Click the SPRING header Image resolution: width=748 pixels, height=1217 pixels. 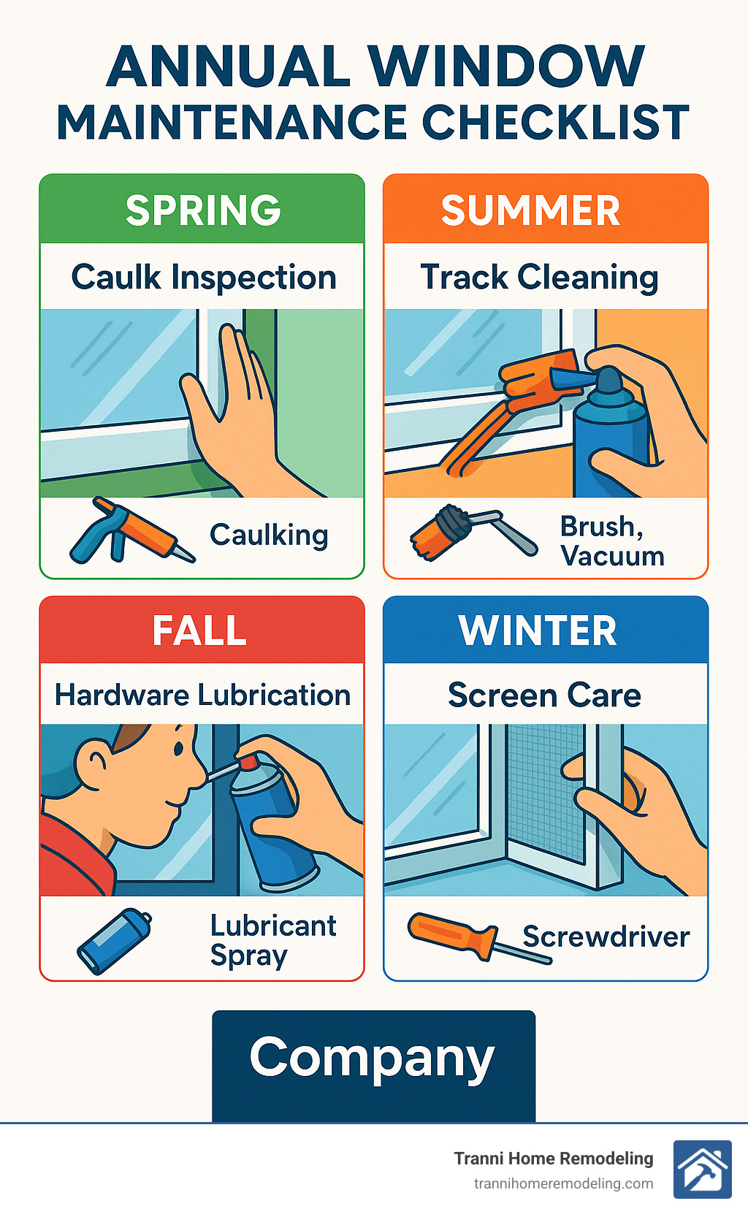coord(203,210)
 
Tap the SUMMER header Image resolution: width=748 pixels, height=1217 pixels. coord(531,210)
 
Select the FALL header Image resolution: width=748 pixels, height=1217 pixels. coord(199,630)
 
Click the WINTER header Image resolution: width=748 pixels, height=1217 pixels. coord(538,630)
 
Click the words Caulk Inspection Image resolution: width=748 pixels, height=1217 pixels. coord(204,278)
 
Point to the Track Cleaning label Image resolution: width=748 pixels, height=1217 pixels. coord(539,278)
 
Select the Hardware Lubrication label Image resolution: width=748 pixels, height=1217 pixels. coord(203,695)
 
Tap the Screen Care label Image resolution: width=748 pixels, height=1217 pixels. coord(544,695)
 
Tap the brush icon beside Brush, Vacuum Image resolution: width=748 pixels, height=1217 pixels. coord(471,531)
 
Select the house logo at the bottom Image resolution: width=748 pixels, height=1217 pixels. coord(702,1170)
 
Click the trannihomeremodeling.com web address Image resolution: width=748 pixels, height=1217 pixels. coord(563,1183)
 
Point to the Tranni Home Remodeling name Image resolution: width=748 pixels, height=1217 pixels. coord(554,1159)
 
